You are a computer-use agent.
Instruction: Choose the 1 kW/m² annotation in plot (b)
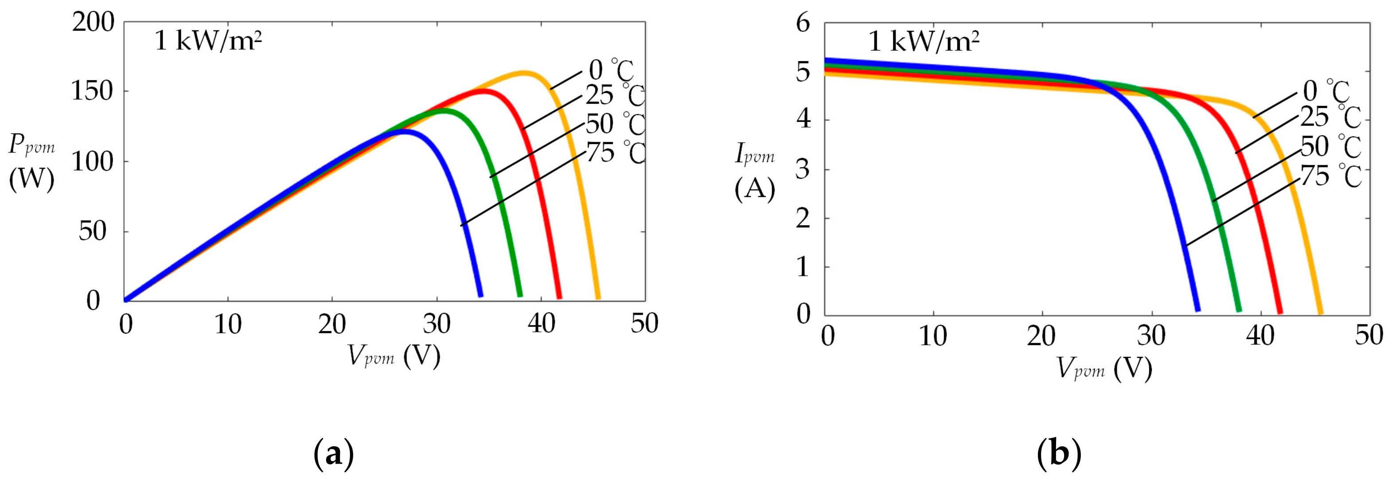[x=924, y=41]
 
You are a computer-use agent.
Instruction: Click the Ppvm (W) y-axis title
[x=31, y=162]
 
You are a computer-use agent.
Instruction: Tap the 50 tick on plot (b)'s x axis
[x=1369, y=336]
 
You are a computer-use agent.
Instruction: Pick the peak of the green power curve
[x=443, y=110]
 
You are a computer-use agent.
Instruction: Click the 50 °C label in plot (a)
[x=616, y=124]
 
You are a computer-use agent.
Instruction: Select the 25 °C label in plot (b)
[x=1330, y=117]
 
